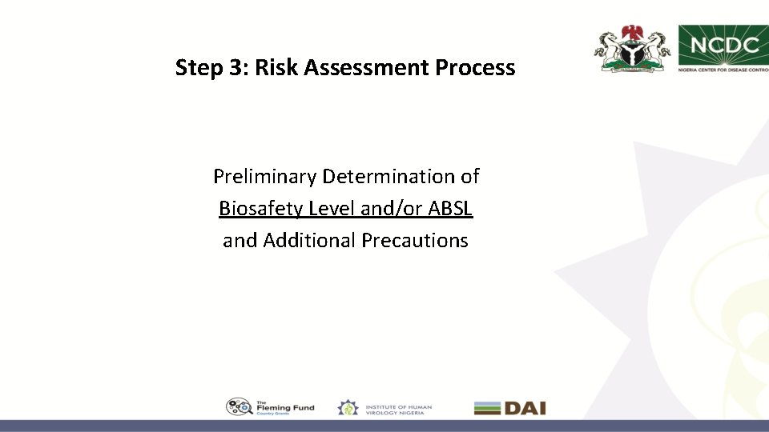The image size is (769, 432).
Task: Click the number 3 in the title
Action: (x=238, y=68)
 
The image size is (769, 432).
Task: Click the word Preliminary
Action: (x=264, y=176)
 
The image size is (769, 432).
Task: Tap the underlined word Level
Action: (x=329, y=209)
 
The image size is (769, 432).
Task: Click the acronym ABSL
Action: (x=450, y=209)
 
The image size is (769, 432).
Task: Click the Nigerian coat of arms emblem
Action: (x=632, y=49)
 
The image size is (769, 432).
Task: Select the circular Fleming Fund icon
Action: (x=238, y=407)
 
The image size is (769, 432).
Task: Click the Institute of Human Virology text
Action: (x=398, y=408)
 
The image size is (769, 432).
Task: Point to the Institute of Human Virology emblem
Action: (x=348, y=408)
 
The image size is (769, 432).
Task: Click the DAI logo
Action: (x=509, y=408)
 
